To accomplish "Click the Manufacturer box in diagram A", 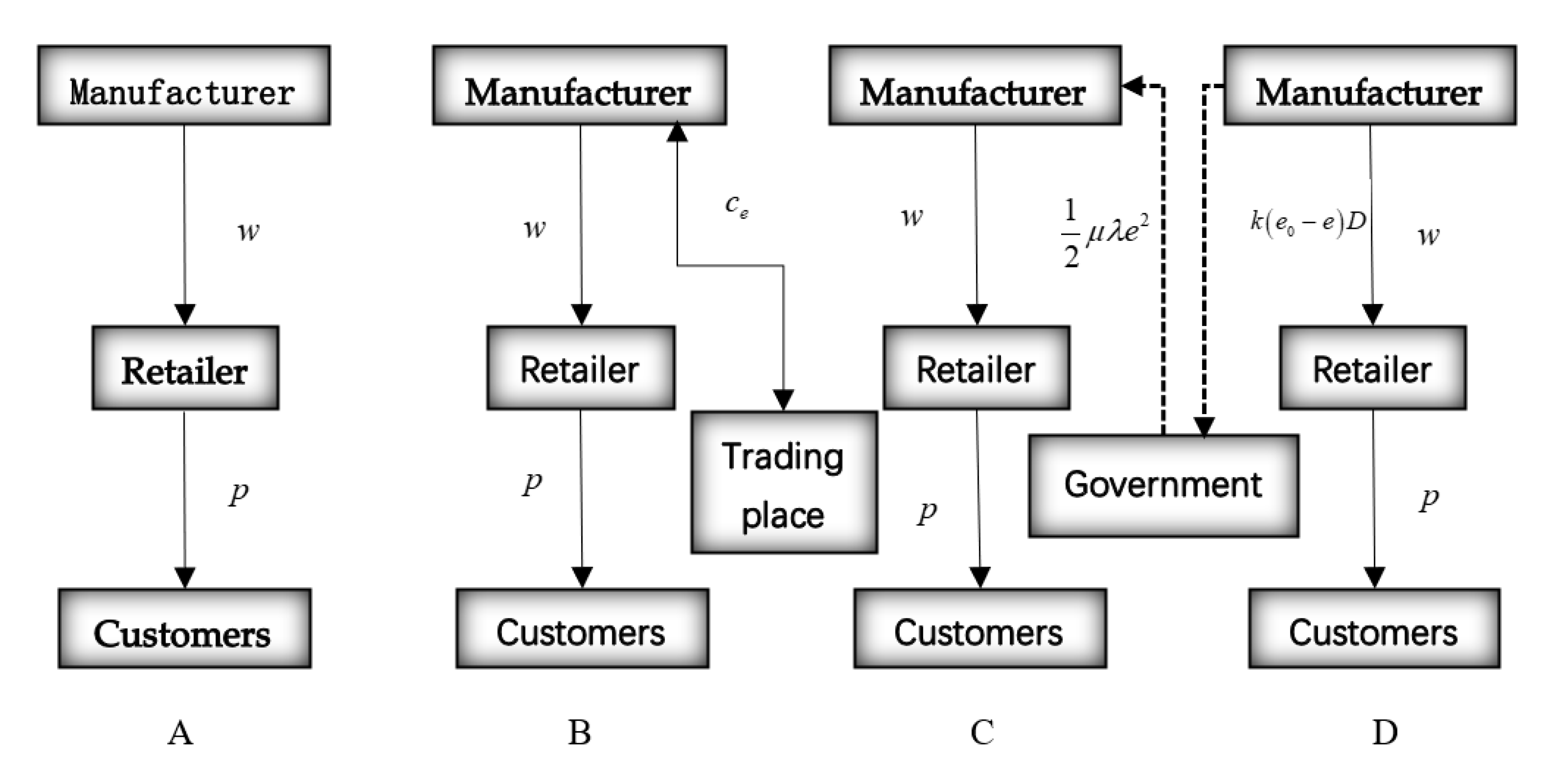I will (184, 85).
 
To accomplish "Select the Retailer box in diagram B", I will (580, 368).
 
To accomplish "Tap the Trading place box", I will (784, 482).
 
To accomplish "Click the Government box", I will (1164, 486).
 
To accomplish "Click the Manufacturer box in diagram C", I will (975, 85).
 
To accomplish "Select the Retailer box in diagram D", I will (1373, 368).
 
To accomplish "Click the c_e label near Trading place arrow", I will (736, 206).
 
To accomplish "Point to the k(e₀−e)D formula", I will (1307, 223).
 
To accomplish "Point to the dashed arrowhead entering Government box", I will (1204, 427).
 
